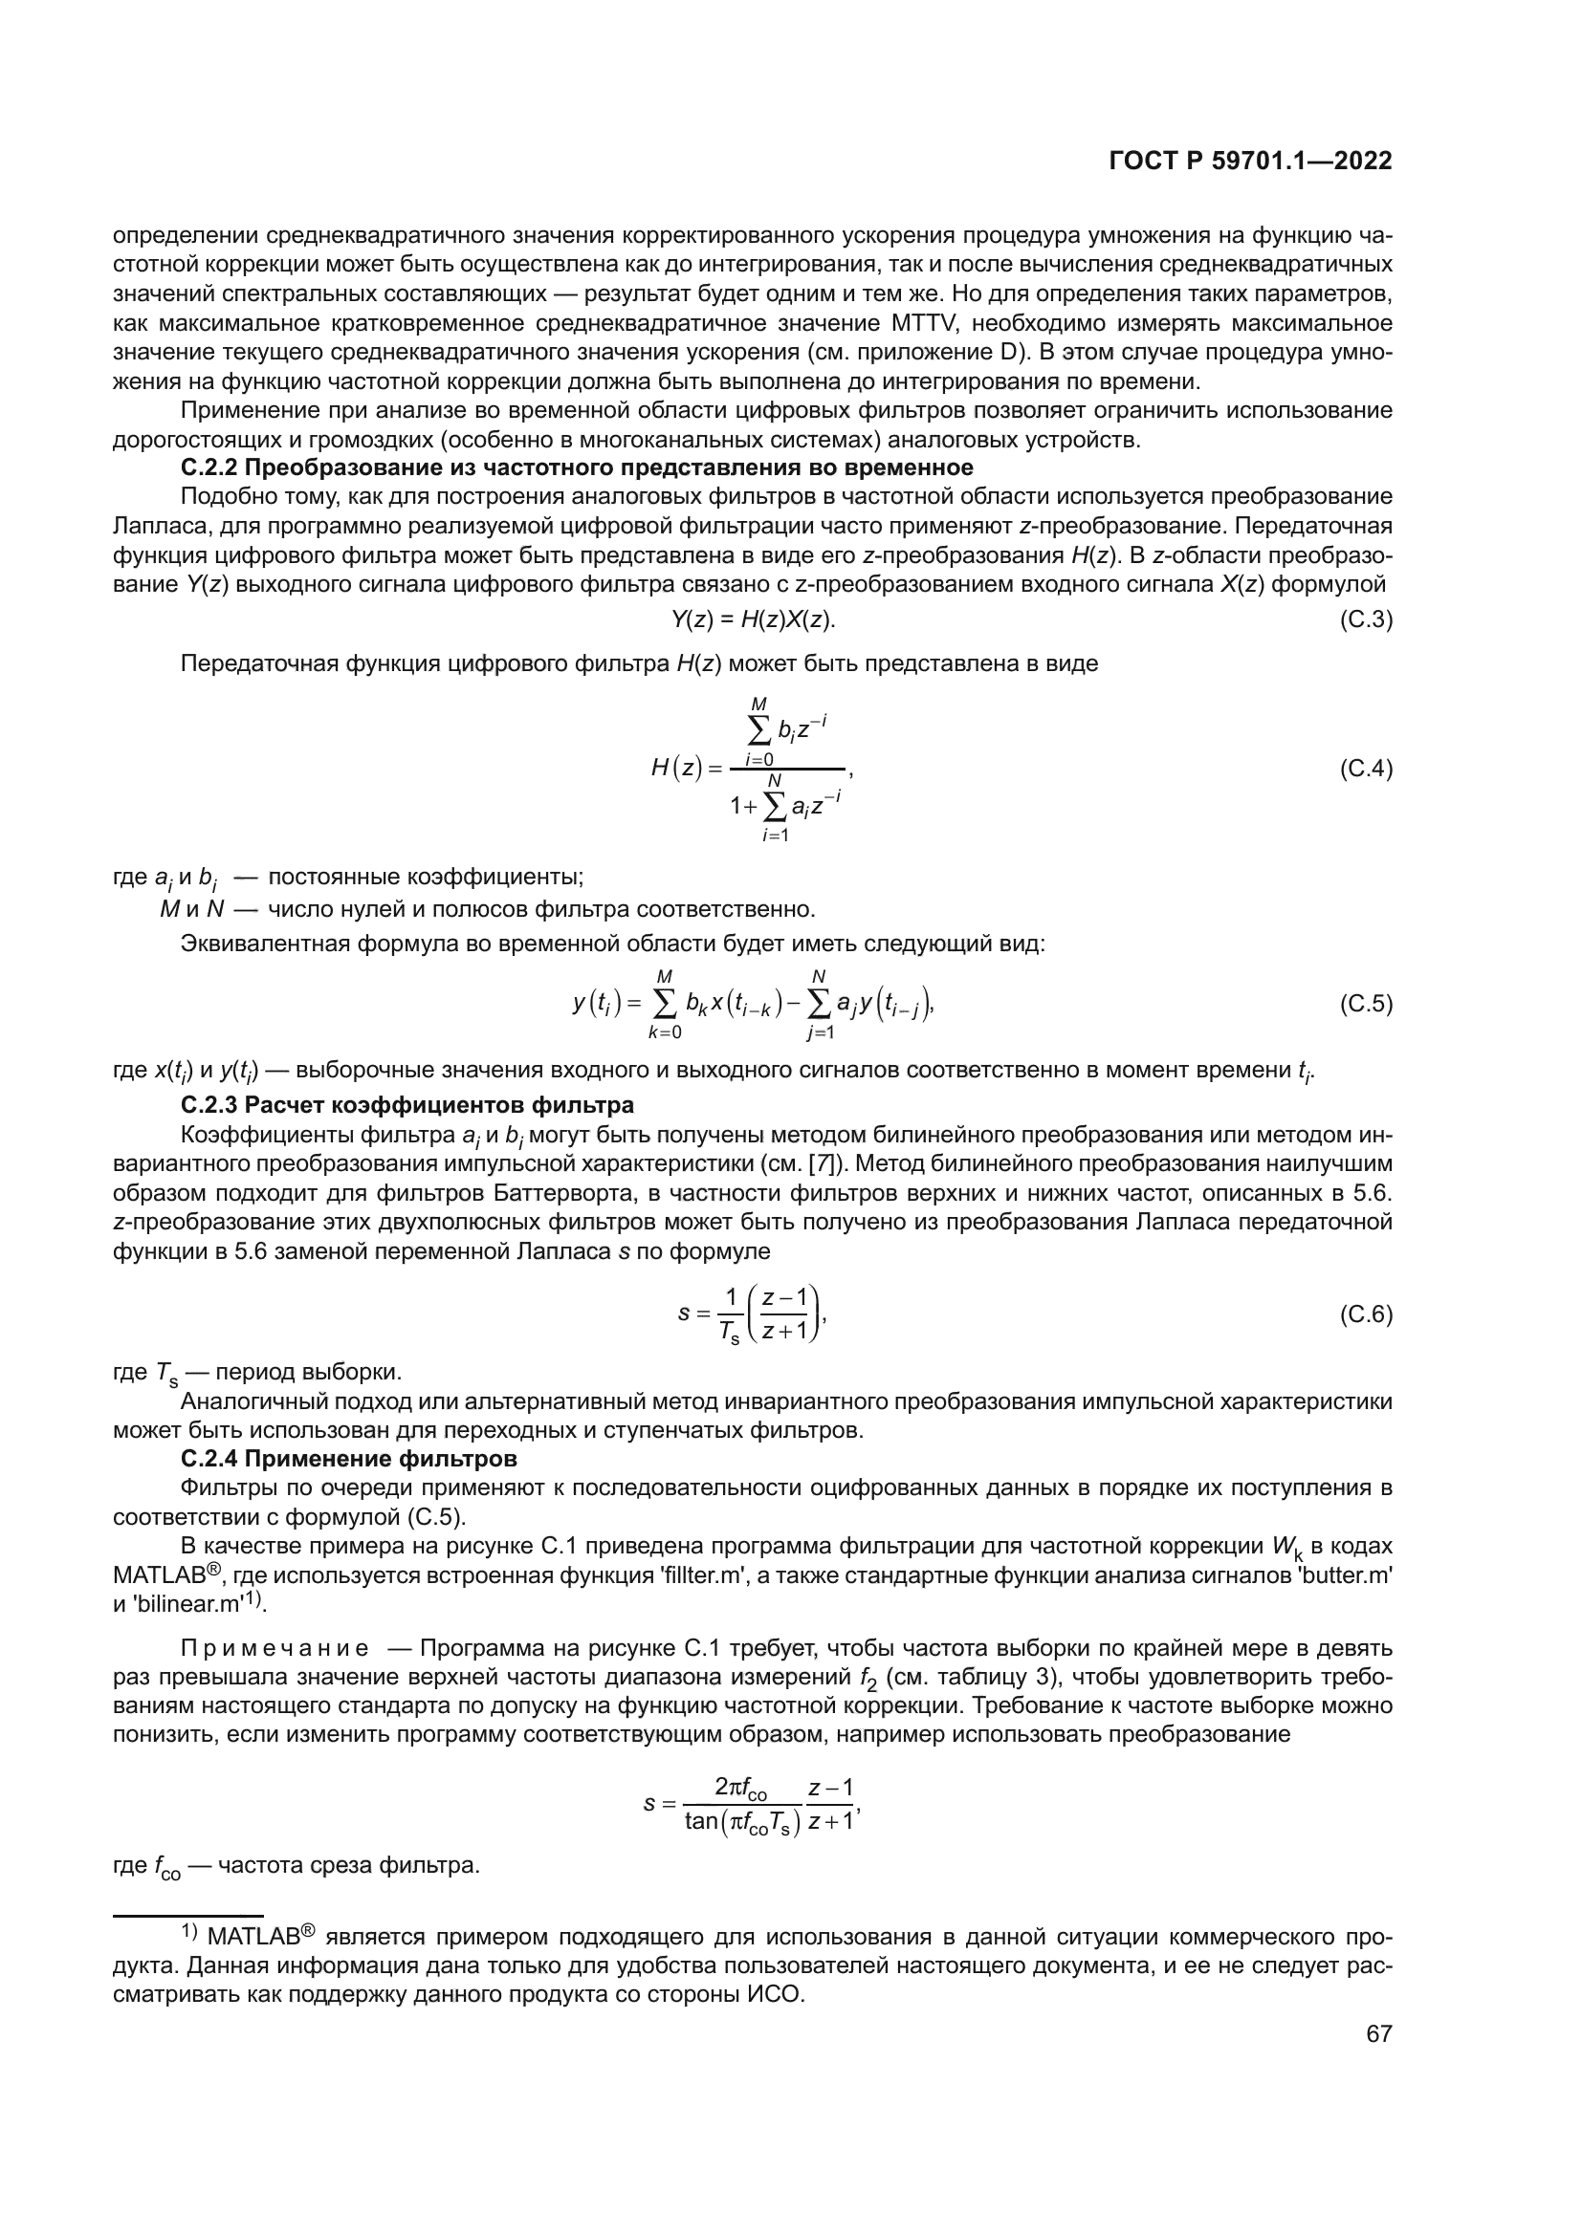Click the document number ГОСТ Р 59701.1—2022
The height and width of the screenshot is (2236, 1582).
[x=1250, y=162]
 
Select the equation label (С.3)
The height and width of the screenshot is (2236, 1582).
[x=1366, y=619]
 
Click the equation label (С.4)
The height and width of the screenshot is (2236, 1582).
[x=1366, y=770]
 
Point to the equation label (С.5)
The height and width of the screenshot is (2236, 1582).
[x=1366, y=1004]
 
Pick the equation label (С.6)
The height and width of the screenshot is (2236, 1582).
[x=1366, y=1314]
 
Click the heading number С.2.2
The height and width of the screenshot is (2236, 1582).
[x=209, y=467]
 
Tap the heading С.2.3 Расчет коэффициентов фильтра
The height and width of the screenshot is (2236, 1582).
[x=407, y=1105]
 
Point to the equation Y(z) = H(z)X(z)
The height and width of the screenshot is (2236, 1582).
[x=753, y=619]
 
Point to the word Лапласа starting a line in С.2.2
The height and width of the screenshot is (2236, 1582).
[x=152, y=527]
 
